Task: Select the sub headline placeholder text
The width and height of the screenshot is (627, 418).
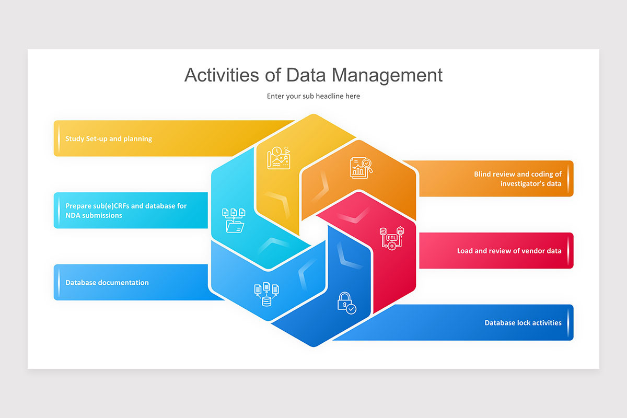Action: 313,96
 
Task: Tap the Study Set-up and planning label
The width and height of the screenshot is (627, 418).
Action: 109,139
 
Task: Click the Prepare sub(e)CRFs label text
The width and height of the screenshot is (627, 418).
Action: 126,206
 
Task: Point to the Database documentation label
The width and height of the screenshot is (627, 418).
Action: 107,283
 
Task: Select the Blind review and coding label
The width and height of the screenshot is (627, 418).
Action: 518,175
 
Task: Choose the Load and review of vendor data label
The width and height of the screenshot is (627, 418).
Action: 509,251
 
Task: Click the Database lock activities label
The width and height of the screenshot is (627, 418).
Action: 522,323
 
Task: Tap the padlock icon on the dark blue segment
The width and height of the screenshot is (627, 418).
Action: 346,303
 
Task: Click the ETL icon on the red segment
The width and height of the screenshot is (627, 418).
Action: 392,238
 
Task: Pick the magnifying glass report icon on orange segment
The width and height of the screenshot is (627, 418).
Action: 361,167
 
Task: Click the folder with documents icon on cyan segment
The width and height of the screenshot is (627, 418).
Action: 234,220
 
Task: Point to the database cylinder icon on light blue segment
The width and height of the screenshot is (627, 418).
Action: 266,294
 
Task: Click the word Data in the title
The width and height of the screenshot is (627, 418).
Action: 306,75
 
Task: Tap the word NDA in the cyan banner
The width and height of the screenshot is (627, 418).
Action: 74,215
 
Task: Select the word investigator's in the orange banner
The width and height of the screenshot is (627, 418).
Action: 523,184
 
